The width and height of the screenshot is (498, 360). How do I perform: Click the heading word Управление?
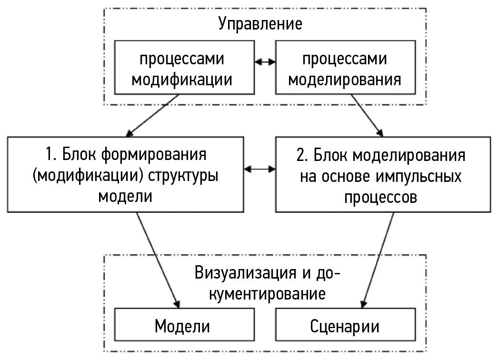point(260,24)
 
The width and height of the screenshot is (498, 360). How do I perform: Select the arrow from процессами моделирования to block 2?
point(367,115)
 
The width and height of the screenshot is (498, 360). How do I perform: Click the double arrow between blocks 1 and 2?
point(260,168)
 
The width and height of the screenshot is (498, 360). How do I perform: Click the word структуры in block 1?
point(189,176)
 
